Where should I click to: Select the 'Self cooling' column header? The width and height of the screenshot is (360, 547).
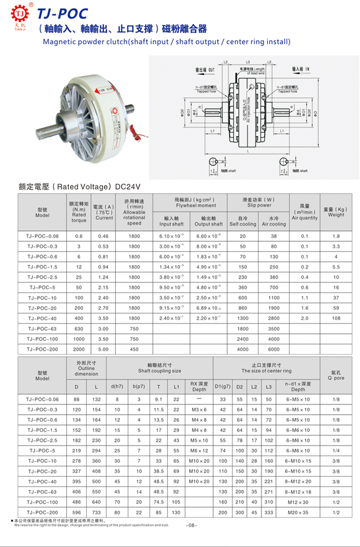point(242,224)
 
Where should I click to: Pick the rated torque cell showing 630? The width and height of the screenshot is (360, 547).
point(79,329)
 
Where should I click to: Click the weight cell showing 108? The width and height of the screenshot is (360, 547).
point(336,318)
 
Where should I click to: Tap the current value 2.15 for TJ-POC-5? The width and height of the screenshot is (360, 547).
point(104,287)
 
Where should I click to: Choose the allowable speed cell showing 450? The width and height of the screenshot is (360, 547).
point(134,349)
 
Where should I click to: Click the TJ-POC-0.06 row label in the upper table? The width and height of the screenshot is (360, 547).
point(43,236)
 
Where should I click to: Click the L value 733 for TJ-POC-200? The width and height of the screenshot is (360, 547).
point(97,512)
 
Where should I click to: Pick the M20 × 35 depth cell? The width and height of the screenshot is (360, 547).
point(298,512)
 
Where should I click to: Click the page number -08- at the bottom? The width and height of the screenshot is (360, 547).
point(192,525)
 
